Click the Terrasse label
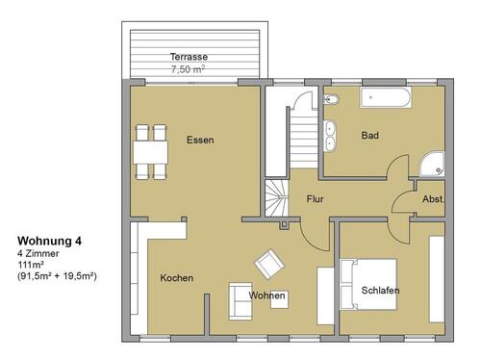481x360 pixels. click(x=189, y=57)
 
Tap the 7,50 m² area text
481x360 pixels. click(x=189, y=69)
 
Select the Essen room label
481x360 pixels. click(x=200, y=141)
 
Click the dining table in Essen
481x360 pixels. click(x=148, y=151)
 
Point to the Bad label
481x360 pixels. click(x=369, y=136)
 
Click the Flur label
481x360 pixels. click(x=315, y=200)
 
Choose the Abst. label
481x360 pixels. click(x=433, y=199)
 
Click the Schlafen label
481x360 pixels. click(x=380, y=290)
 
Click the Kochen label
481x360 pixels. click(x=176, y=278)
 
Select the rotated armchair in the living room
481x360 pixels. click(x=268, y=264)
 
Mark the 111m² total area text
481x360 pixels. click(x=32, y=264)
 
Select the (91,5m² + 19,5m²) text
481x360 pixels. click(x=58, y=275)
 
